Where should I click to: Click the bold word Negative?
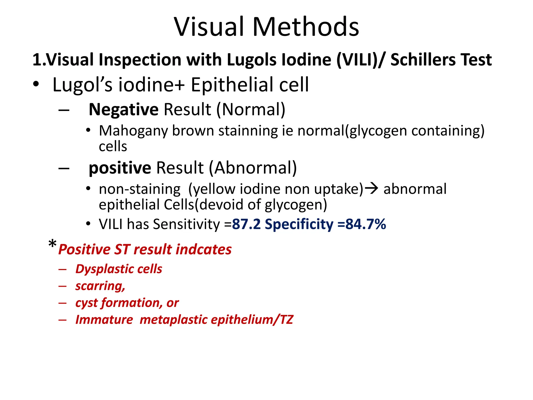[x=124, y=109]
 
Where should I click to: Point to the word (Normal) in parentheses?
[x=251, y=109]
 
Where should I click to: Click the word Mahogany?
[x=133, y=131]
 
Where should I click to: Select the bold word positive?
[x=120, y=168]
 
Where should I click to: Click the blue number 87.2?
[x=246, y=224]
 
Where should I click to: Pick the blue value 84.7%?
[x=366, y=224]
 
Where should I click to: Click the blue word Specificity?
[x=299, y=224]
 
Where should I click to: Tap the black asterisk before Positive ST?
[x=52, y=244]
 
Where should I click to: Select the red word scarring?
[x=100, y=286]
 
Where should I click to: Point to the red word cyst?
[x=86, y=303]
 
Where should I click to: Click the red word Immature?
[x=104, y=320]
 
